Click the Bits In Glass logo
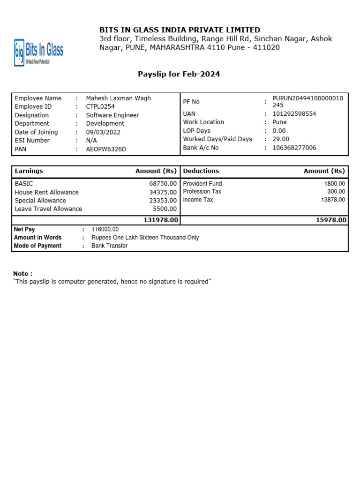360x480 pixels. pyautogui.click(x=38, y=52)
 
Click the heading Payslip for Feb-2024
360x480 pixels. pyautogui.click(x=179, y=74)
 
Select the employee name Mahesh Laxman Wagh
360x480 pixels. pyautogui.click(x=119, y=98)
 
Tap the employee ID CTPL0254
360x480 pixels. pyautogui.click(x=100, y=107)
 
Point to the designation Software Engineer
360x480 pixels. pyautogui.click(x=112, y=115)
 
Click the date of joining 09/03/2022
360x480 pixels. pyautogui.click(x=103, y=132)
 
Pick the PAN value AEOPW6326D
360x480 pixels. pyautogui.click(x=106, y=149)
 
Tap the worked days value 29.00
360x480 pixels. pyautogui.click(x=281, y=139)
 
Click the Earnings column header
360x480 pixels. pyautogui.click(x=29, y=171)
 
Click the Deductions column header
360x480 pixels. pyautogui.click(x=201, y=171)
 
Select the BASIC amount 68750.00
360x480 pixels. pyautogui.click(x=163, y=184)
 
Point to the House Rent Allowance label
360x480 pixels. pyautogui.click(x=47, y=192)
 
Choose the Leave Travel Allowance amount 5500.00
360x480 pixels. pyautogui.click(x=165, y=209)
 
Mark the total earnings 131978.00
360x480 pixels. pyautogui.click(x=161, y=220)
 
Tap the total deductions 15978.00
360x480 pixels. pyautogui.click(x=331, y=220)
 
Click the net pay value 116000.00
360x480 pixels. pyautogui.click(x=105, y=229)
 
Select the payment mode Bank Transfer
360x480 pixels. pyautogui.click(x=109, y=246)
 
